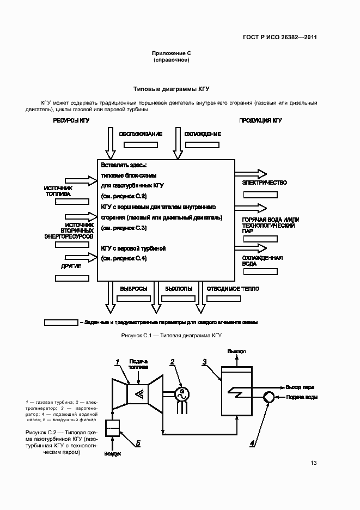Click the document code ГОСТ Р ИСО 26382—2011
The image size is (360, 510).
click(279, 38)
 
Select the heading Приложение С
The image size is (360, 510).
click(171, 53)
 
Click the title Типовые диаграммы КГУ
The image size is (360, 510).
click(172, 88)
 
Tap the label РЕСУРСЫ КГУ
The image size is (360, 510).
click(71, 120)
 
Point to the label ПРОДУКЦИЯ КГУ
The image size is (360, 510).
click(260, 120)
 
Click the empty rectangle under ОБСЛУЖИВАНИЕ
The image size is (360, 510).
click(141, 145)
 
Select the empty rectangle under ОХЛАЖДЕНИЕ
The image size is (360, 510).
click(202, 145)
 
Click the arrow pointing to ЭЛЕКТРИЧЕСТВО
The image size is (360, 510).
click(251, 174)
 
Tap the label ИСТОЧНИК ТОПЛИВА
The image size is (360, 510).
click(58, 190)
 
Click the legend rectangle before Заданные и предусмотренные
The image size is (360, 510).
click(61, 322)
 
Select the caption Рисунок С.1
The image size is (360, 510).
click(172, 335)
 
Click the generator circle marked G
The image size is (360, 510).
click(182, 393)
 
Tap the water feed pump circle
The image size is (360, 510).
click(269, 397)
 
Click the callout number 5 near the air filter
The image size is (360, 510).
click(138, 443)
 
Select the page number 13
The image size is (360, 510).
click(313, 463)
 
